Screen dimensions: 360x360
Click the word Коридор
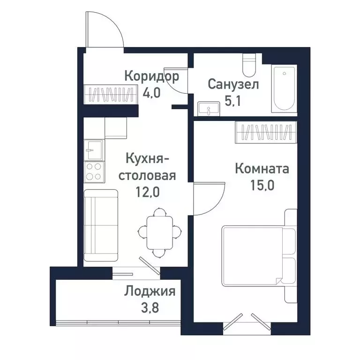pyautogui.click(x=151, y=76)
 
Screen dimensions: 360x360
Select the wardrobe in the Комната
pyautogui.click(x=266, y=132)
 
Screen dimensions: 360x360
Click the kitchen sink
pyautogui.click(x=93, y=150)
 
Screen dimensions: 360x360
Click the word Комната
pyautogui.click(x=262, y=168)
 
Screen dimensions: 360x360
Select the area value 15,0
pyautogui.click(x=262, y=184)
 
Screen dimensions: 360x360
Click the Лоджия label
pyautogui.click(x=150, y=292)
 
